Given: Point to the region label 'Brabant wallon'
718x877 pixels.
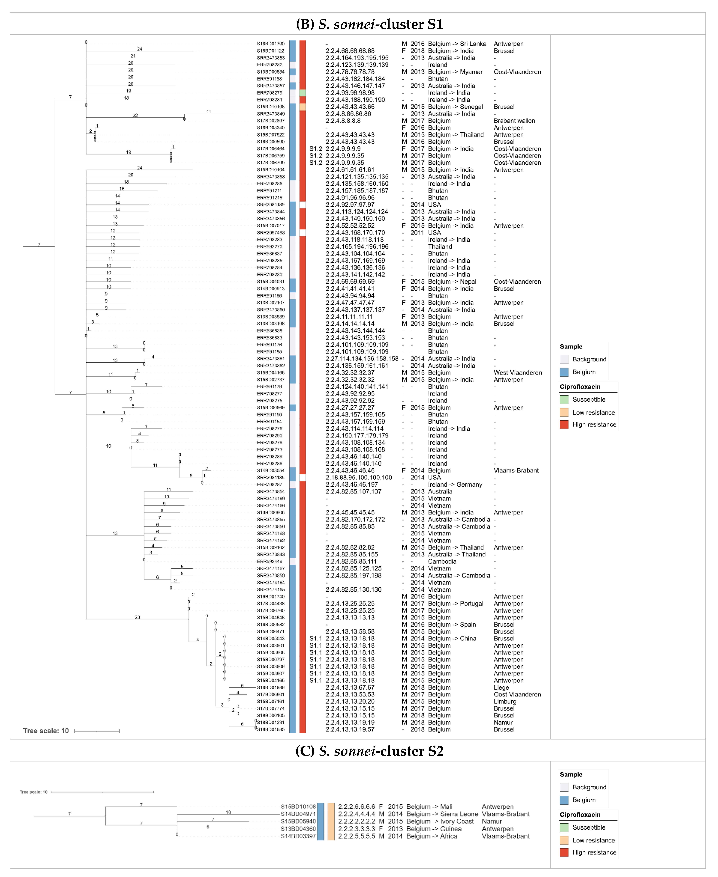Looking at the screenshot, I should coord(514,121).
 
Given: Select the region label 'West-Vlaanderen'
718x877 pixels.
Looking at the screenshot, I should coord(517,372).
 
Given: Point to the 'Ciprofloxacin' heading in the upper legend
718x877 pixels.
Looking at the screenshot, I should coord(580,387).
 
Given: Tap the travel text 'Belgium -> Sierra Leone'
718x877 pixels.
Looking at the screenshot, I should coord(442,814).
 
